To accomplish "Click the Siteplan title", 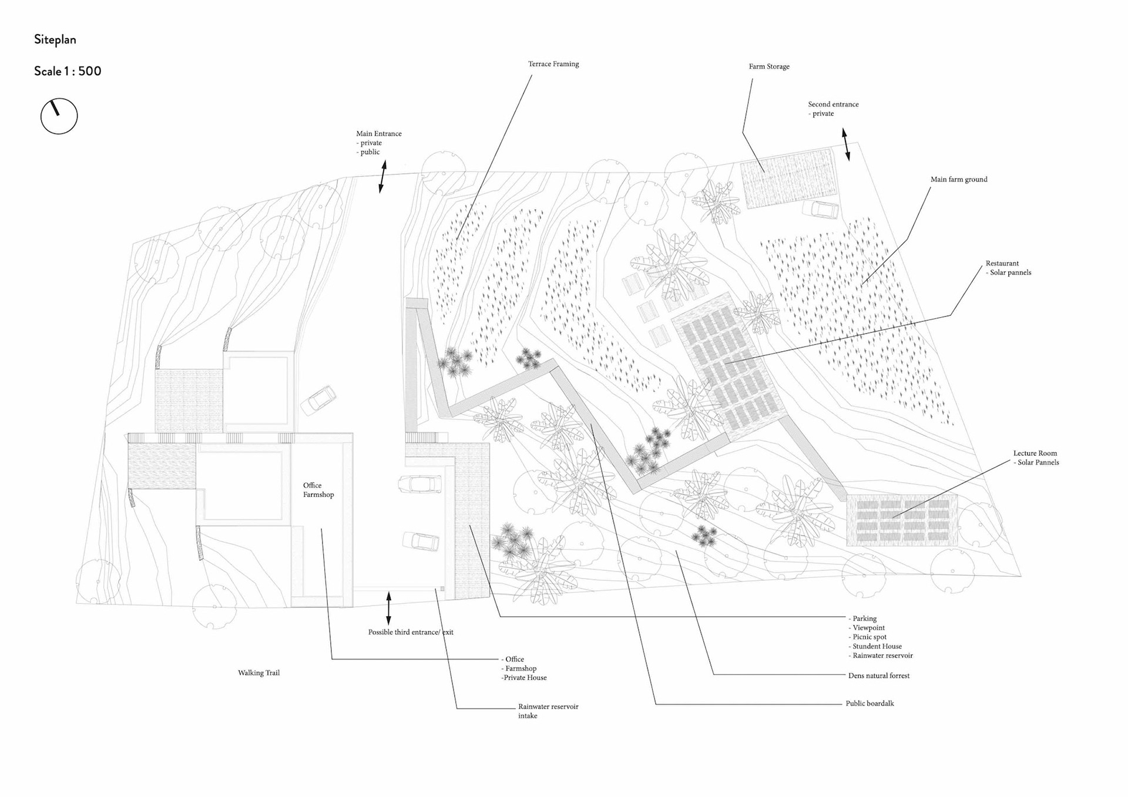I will (55, 40).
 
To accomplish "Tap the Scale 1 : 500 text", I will (68, 71).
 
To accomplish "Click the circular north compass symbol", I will (59, 116).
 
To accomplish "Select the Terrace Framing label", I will (553, 64).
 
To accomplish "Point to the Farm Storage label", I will (768, 66).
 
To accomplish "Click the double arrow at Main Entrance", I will (382, 177).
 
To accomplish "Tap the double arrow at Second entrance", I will (845, 144).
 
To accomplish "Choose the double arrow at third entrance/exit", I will (388, 608).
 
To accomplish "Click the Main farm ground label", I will (958, 180).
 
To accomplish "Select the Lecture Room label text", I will (1035, 453).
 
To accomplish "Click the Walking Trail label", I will (258, 673).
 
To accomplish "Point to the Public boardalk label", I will (869, 704).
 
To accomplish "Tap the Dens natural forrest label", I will (878, 676).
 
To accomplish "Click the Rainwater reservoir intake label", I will (548, 711).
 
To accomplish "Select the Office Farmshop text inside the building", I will (318, 490).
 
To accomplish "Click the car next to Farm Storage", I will (820, 209).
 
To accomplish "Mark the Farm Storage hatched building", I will (787, 177).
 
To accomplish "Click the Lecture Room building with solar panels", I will (902, 520).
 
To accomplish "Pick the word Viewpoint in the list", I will (868, 628).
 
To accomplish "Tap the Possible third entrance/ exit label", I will (411, 633).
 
